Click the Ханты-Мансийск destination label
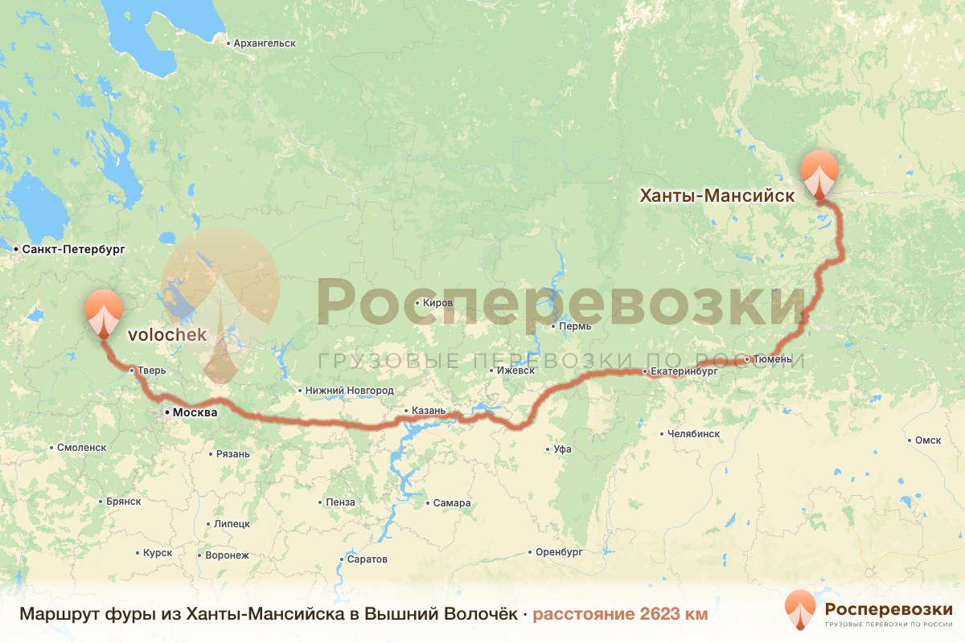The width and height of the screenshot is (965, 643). tap(717, 195)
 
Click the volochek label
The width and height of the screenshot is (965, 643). tap(166, 332)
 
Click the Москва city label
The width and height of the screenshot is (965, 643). tap(195, 413)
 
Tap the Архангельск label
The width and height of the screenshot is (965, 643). tap(264, 43)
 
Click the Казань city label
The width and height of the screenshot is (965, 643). tap(428, 411)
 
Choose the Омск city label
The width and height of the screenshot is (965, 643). tap(928, 440)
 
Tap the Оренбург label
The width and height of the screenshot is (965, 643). tap(559, 552)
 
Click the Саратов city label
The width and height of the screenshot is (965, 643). tap(368, 559)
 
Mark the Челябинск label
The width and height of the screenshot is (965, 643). tap(693, 434)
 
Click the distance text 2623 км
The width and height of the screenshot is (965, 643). tap(620, 615)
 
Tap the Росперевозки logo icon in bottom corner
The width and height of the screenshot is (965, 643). tap(799, 610)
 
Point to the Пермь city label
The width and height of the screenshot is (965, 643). tap(577, 326)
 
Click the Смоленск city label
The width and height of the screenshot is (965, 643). tap(81, 448)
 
